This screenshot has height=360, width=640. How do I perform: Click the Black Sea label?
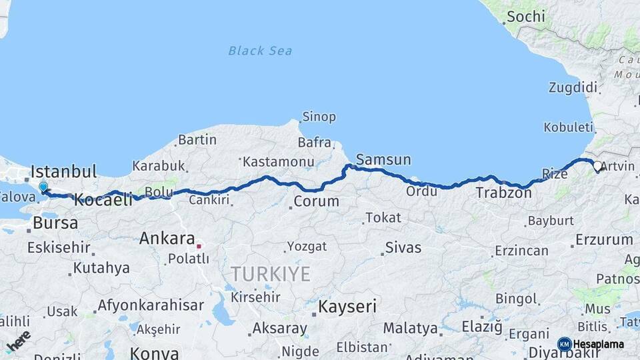(x=259, y=51)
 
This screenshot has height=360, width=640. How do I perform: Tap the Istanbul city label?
(x=64, y=171)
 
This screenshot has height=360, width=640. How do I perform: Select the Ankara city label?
(x=167, y=238)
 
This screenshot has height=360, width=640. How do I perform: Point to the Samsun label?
(x=383, y=160)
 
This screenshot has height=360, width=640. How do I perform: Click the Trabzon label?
(x=504, y=193)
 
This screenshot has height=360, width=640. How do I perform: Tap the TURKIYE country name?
(x=271, y=273)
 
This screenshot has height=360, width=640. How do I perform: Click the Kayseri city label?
(x=347, y=307)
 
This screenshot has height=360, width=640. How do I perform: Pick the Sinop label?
(x=319, y=117)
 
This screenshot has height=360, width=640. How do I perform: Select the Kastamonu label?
(x=277, y=162)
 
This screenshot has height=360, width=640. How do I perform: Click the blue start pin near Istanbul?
(x=43, y=188)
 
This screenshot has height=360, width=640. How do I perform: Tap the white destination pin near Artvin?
(x=597, y=167)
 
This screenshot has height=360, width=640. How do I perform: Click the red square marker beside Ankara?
(x=199, y=245)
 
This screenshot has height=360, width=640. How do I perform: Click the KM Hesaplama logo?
(x=591, y=344)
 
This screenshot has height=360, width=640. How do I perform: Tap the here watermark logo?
(x=18, y=341)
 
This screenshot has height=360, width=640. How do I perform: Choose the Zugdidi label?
(x=572, y=87)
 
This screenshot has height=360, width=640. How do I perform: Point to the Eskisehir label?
(x=59, y=247)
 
